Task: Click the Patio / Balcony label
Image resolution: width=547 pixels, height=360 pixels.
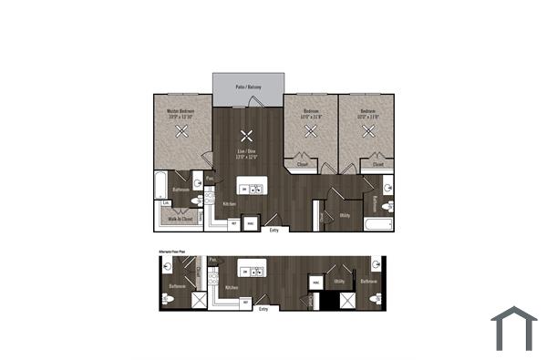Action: [247, 87]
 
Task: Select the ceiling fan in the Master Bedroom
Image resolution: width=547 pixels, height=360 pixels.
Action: [182, 131]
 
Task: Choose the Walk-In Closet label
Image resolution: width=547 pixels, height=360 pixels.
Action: [181, 219]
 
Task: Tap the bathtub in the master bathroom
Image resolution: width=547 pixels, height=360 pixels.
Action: [161, 187]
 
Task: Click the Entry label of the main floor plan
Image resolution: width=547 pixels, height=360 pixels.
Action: [274, 230]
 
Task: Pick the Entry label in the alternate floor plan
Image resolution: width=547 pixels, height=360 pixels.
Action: [263, 309]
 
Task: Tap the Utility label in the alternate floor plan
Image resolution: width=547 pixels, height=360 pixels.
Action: [337, 282]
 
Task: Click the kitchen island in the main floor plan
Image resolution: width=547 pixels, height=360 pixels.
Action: [252, 187]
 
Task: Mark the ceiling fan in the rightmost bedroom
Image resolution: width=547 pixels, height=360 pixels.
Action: [369, 130]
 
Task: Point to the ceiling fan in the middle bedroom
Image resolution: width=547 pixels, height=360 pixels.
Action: [311, 131]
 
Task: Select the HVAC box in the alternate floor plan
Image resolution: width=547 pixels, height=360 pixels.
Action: [315, 283]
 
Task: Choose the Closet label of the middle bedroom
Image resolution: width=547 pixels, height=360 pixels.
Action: [302, 165]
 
